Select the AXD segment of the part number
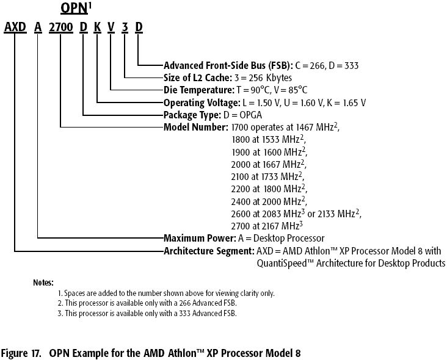click(15, 27)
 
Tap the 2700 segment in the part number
click(61, 27)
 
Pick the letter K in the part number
click(98, 27)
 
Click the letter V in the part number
click(111, 27)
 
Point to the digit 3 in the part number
click(125, 27)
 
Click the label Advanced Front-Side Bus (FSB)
click(228, 66)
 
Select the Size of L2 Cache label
click(198, 77)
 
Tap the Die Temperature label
click(199, 90)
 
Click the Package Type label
click(192, 115)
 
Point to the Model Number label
click(195, 127)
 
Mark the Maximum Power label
click(200, 238)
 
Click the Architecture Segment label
click(209, 251)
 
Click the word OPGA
click(250, 115)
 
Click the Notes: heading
click(43, 283)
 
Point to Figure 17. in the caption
click(21, 353)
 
